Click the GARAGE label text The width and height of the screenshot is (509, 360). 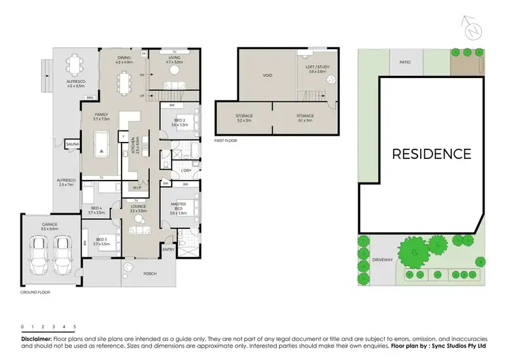pyautogui.click(x=49, y=224)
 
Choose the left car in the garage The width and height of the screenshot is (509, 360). pyautogui.click(x=40, y=257)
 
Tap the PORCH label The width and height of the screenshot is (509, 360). pyautogui.click(x=149, y=274)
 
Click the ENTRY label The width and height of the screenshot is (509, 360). pyautogui.click(x=168, y=249)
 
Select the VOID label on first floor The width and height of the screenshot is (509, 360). pyautogui.click(x=267, y=75)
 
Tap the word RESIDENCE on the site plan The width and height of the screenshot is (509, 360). pyautogui.click(x=431, y=154)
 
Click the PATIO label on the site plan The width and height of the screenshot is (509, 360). pyautogui.click(x=404, y=62)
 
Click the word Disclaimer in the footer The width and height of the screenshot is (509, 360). pyautogui.click(x=36, y=338)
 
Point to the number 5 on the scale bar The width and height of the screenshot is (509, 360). pyautogui.click(x=74, y=327)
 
